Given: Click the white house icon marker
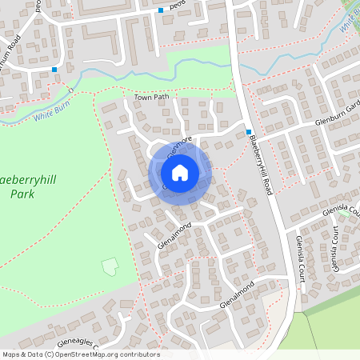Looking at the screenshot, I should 180,172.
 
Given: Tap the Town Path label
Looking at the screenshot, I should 152,98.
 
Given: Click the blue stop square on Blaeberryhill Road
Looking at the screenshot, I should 249,132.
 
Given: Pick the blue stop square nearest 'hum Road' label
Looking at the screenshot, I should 54,70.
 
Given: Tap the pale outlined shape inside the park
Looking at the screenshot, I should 109,265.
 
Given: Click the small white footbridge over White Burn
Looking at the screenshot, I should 70,86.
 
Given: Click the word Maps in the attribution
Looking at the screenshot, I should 12,354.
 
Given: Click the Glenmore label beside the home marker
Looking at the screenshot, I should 179,144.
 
